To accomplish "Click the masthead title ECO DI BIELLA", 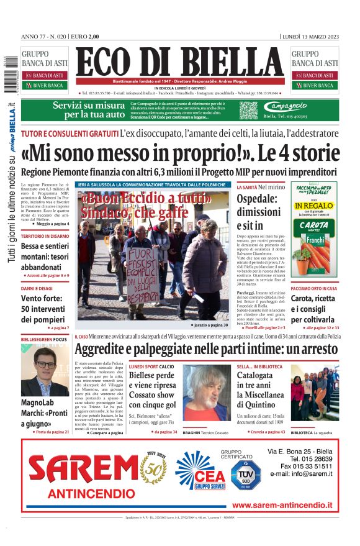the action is coord(179,62).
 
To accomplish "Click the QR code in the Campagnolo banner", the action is coord(248,111).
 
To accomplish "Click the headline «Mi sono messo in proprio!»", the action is coord(179,152).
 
